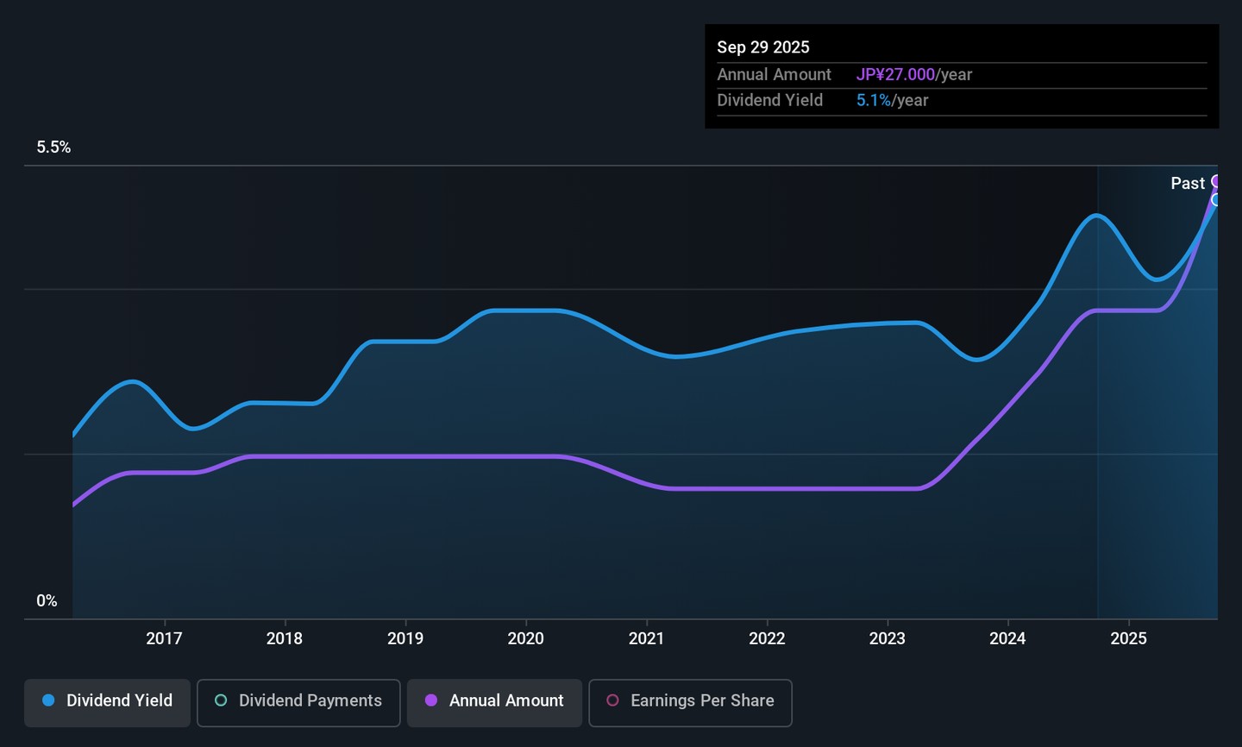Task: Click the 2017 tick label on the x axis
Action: [164, 638]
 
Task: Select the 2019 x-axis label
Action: [405, 638]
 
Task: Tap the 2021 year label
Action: [646, 638]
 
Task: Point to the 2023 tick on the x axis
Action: [888, 638]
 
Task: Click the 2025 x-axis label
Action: [1128, 638]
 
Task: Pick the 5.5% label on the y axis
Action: [53, 148]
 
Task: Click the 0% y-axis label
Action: [47, 601]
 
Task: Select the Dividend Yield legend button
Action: [107, 701]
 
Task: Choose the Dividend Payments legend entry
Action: [298, 701]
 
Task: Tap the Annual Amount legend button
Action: [494, 701]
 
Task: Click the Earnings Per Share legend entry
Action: [690, 701]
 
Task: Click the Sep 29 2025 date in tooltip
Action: [763, 47]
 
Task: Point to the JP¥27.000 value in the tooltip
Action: [895, 75]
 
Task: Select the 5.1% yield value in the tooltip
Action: [874, 101]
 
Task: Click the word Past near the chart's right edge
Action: [1187, 184]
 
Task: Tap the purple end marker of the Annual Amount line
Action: [1217, 181]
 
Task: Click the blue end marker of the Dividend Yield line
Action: [1216, 200]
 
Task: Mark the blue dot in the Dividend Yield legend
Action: [49, 700]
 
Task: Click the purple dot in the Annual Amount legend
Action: [431, 700]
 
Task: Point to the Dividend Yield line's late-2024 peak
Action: [1096, 215]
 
